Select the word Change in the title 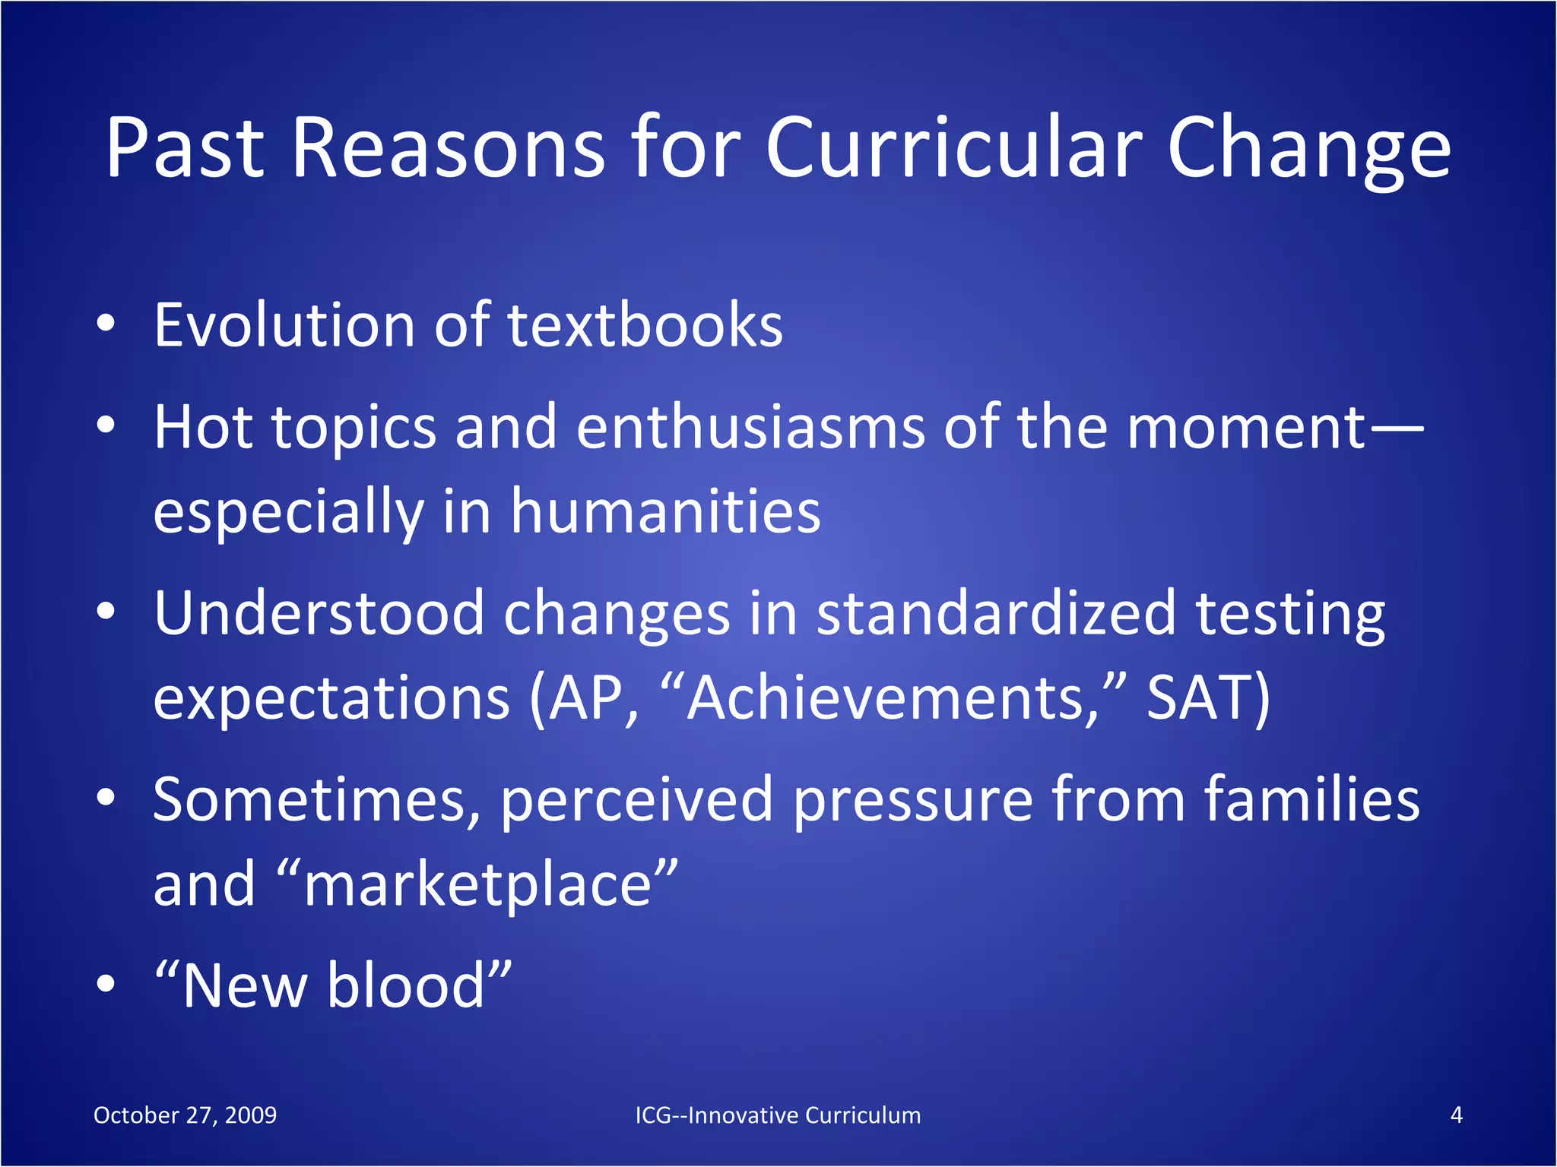pyautogui.click(x=1308, y=150)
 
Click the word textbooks pyautogui.click(x=645, y=325)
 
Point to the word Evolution pyautogui.click(x=284, y=325)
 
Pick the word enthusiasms pyautogui.click(x=750, y=427)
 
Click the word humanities pyautogui.click(x=665, y=511)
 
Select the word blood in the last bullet pyautogui.click(x=406, y=985)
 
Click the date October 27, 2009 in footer pyautogui.click(x=185, y=1115)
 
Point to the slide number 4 pyautogui.click(x=1456, y=1115)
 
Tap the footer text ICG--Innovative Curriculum pyautogui.click(x=778, y=1115)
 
